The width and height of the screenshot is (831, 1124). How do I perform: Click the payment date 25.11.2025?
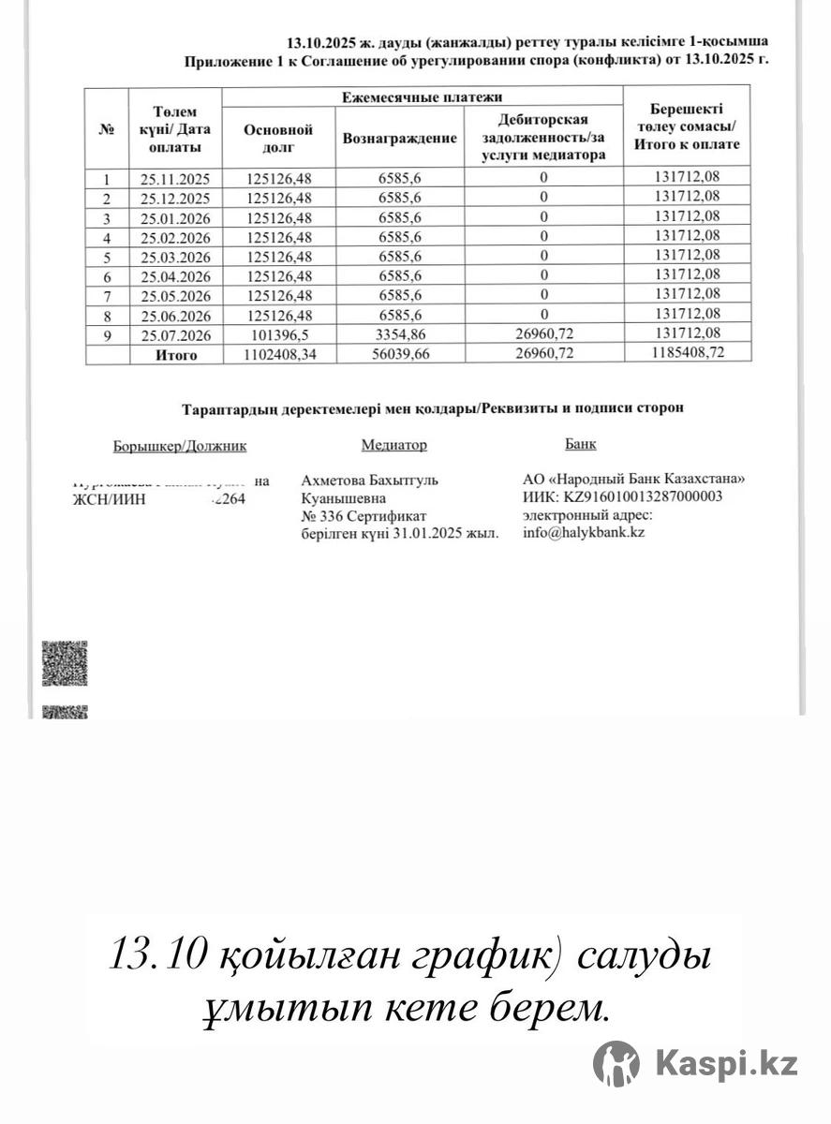175,178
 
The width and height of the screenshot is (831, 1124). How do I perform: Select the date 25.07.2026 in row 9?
175,335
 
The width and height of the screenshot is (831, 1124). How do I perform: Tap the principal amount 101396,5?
278,335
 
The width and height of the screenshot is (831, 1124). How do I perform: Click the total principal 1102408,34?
278,355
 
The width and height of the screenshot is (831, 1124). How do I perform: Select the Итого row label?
175,355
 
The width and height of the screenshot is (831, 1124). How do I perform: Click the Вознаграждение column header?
400,138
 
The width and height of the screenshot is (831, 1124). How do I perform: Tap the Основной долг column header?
277,139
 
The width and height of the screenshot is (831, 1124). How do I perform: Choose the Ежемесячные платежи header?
422,97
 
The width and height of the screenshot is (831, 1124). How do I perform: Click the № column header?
107,129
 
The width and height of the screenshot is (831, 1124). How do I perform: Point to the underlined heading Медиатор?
393,446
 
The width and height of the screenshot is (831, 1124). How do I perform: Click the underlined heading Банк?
580,444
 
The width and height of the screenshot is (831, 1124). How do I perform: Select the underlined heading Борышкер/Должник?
180,447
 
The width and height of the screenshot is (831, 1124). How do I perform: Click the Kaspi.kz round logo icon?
616,1064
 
